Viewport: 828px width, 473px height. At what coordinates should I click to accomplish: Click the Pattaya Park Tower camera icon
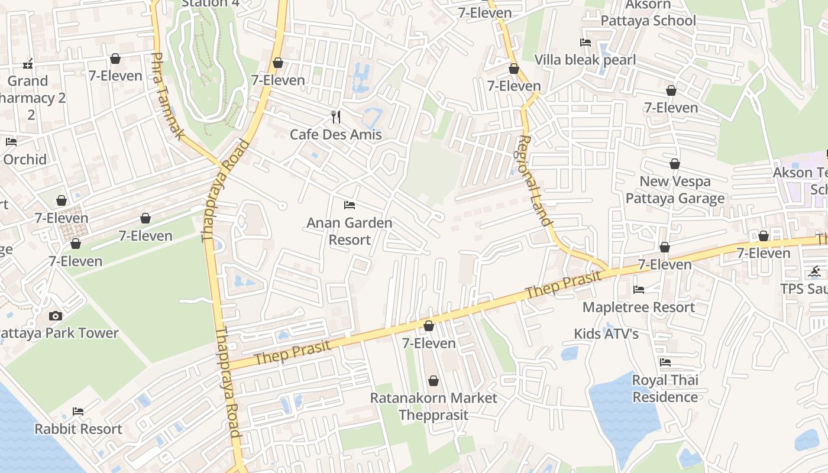coord(56,316)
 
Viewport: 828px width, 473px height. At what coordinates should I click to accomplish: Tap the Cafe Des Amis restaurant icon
coord(336,117)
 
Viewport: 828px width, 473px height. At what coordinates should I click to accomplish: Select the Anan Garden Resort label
coord(349,231)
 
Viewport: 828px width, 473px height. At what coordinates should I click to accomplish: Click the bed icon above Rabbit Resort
coord(77,412)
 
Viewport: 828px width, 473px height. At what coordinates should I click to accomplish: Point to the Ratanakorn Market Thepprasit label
coord(434,406)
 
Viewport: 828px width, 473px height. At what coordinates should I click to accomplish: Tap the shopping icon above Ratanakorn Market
coord(434,381)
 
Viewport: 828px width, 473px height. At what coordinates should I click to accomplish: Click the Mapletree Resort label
coord(638,307)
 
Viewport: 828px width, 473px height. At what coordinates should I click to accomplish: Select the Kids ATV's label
coord(606,333)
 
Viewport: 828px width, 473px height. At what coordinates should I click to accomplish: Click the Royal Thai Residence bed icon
coord(665,362)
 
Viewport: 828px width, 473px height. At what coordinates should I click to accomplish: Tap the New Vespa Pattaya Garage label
coord(675,190)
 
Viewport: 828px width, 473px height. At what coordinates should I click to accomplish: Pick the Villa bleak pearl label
coord(585,60)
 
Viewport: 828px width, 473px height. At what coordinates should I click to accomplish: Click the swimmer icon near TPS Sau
coord(815,272)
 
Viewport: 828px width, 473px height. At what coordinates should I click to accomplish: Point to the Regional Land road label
coord(534,181)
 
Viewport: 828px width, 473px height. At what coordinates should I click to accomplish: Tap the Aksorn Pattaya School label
coord(648,13)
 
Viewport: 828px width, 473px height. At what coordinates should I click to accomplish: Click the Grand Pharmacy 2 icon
coord(27,63)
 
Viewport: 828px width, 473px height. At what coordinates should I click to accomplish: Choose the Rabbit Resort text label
coord(78,429)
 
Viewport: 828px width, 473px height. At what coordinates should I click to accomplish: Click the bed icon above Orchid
coord(11,142)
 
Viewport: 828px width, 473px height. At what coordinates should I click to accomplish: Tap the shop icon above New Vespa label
coord(675,164)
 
